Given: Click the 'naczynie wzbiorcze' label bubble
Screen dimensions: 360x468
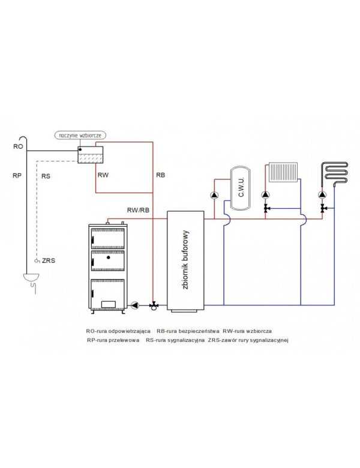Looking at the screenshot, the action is pyautogui.click(x=80, y=135).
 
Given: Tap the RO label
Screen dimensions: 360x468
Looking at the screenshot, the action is pyautogui.click(x=18, y=146).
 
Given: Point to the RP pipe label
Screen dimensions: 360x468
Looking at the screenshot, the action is pyautogui.click(x=17, y=175).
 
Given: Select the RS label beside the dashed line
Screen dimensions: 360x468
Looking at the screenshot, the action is pyautogui.click(x=46, y=176).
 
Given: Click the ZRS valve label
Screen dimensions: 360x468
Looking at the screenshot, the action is pyautogui.click(x=49, y=260).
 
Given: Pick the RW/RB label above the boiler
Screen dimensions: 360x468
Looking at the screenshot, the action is pyautogui.click(x=138, y=210).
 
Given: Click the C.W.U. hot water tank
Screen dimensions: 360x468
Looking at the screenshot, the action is pyautogui.click(x=240, y=188).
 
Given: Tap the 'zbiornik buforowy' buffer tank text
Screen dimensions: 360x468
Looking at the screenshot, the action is pyautogui.click(x=185, y=260).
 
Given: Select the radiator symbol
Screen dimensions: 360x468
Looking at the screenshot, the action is pyautogui.click(x=283, y=172).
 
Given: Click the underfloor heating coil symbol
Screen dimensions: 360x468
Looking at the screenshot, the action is pyautogui.click(x=334, y=173).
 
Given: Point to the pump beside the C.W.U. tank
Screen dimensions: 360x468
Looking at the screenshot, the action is pyautogui.click(x=214, y=195).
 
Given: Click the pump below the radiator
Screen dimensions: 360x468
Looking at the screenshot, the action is pyautogui.click(x=265, y=195).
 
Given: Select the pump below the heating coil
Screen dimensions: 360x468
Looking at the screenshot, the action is pyautogui.click(x=322, y=195).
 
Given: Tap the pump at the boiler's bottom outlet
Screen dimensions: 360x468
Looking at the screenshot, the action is pyautogui.click(x=135, y=305).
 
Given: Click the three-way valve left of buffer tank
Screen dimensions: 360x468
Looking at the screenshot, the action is pyautogui.click(x=154, y=305).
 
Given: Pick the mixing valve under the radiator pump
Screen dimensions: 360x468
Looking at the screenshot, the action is pyautogui.click(x=266, y=208).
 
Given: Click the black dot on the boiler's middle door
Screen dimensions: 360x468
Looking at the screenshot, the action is pyautogui.click(x=109, y=257).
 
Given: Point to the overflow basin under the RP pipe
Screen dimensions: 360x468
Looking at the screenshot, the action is pyautogui.click(x=31, y=277).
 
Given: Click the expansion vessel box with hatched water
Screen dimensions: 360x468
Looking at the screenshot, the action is pyautogui.click(x=91, y=155).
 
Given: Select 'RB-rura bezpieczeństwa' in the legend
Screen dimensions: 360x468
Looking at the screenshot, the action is pyautogui.click(x=188, y=331).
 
